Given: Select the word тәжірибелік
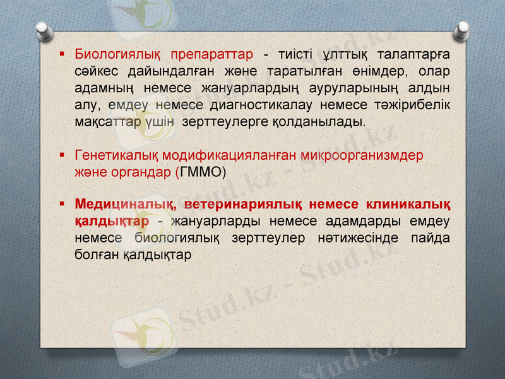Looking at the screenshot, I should (x=415, y=104).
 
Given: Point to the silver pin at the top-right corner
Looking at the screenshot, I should (x=463, y=29).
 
